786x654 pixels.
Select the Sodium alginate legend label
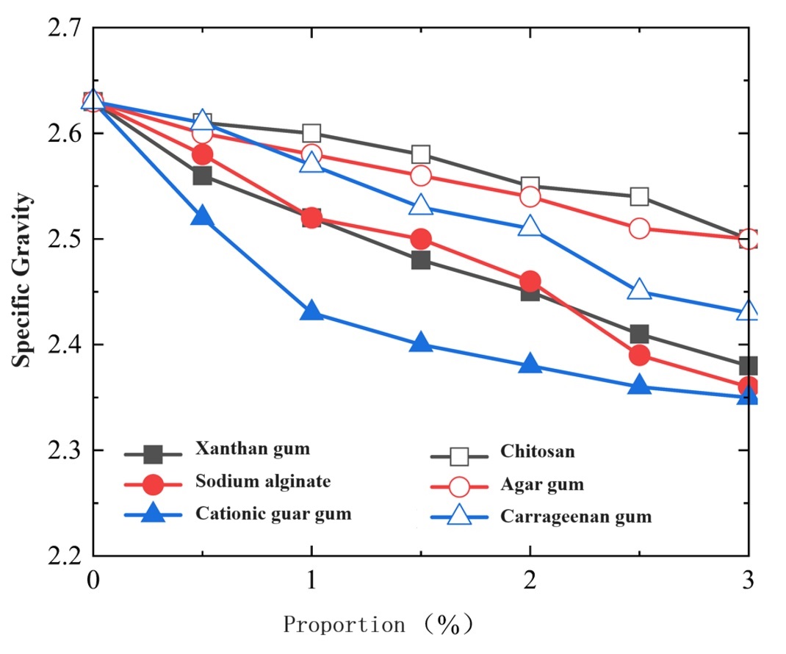pos(263,482)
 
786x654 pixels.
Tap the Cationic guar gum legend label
pos(273,514)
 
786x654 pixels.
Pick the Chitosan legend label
pos(538,451)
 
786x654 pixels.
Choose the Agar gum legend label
pos(542,484)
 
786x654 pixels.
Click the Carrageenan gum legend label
pos(576,517)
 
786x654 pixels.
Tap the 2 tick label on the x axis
pos(530,580)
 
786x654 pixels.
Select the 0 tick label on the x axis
pos(93,580)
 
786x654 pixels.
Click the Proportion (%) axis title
pos(378,625)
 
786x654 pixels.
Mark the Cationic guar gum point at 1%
pos(311,312)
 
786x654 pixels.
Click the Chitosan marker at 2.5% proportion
pos(639,197)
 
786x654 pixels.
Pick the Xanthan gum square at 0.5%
pos(203,176)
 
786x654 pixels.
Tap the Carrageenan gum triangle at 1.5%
pos(421,206)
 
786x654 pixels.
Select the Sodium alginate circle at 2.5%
pos(639,356)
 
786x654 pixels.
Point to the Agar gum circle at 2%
pos(530,197)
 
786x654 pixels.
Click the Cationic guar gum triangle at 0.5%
pos(203,218)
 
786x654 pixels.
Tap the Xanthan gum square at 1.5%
pos(421,260)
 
